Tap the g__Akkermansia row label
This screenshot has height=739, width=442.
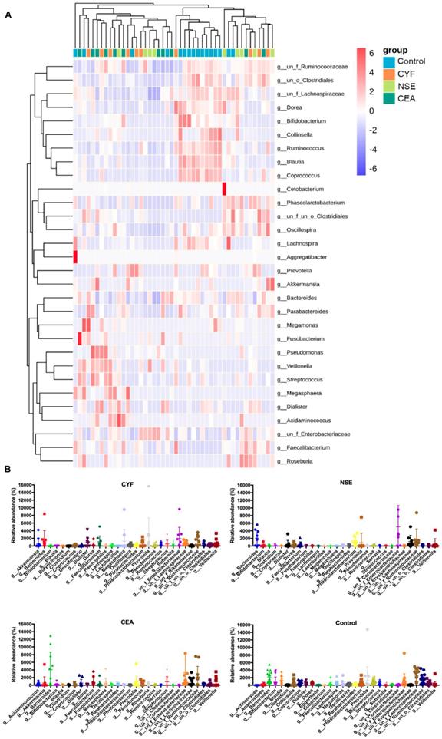303,284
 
